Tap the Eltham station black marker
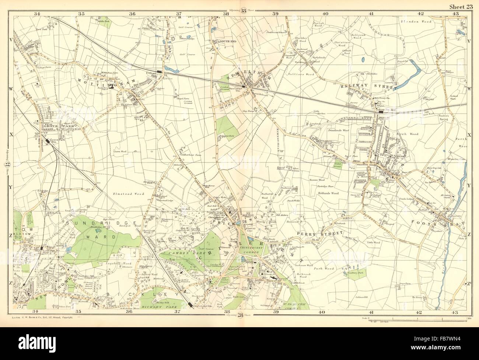[x=159, y=71]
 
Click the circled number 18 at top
[x=244, y=10]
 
